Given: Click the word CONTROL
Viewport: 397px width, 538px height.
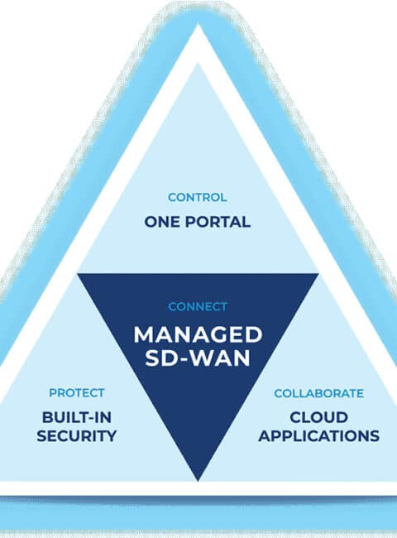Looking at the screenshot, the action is (x=198, y=197).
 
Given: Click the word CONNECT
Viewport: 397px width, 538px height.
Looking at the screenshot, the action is (x=198, y=306).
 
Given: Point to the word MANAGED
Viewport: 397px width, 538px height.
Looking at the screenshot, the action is (x=198, y=335).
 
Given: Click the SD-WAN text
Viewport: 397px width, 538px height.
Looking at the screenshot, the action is (x=198, y=358).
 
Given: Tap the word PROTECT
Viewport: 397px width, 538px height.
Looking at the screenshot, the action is (x=77, y=393).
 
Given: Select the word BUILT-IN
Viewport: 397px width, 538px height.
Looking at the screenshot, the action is (x=77, y=417).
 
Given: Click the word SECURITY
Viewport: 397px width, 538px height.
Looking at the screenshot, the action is (x=77, y=435).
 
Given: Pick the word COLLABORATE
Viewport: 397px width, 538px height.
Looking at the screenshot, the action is (x=318, y=393).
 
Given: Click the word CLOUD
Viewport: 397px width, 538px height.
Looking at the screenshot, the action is (x=318, y=417).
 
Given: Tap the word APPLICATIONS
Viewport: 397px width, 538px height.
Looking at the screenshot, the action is (x=318, y=435).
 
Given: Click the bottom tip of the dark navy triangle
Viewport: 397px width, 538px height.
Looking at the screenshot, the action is (x=198, y=481).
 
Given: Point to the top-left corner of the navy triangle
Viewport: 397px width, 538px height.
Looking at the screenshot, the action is (x=78, y=274).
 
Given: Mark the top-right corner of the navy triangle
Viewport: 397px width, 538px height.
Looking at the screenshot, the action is (x=318, y=274).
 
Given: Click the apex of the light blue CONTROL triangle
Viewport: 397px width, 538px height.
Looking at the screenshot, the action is (x=198, y=63).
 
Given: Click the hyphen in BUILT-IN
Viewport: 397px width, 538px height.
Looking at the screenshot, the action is (x=90, y=419).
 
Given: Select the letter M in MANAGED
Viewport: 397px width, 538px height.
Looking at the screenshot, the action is (x=143, y=335).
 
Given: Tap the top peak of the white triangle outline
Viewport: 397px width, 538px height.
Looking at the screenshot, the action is (x=198, y=24).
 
